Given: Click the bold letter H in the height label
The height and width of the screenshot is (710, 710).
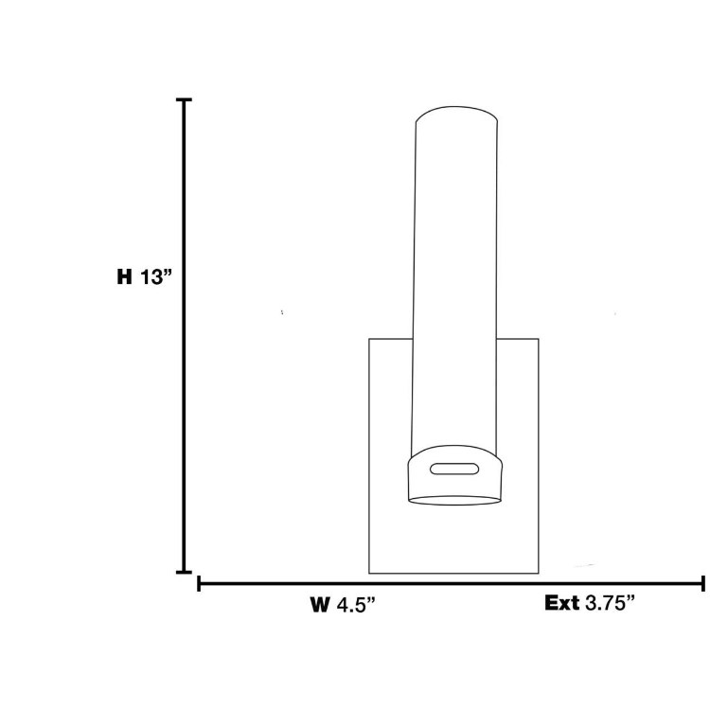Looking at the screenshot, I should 123,277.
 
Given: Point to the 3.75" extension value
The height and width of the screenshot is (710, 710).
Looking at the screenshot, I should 610,603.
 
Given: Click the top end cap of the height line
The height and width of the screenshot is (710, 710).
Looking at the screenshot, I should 184,99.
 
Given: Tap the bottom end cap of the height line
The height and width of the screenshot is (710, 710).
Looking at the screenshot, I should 184,573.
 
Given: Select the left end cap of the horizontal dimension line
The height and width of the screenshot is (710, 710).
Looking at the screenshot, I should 199,583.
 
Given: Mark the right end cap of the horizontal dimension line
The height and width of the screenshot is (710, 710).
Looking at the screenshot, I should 702,583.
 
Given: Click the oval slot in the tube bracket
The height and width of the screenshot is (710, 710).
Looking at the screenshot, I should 454,467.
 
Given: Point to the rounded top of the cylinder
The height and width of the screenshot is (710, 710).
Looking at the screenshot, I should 455,114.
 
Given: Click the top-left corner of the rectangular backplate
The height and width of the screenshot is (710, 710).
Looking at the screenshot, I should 369,339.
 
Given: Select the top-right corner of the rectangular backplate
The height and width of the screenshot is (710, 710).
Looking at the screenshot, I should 538,339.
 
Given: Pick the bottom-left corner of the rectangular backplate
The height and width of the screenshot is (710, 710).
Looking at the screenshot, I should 369,573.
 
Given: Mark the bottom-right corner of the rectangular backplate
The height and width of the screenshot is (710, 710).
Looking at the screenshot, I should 538,573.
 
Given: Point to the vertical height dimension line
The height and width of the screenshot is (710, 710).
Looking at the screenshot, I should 184,379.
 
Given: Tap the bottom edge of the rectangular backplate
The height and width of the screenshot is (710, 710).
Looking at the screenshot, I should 453,573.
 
